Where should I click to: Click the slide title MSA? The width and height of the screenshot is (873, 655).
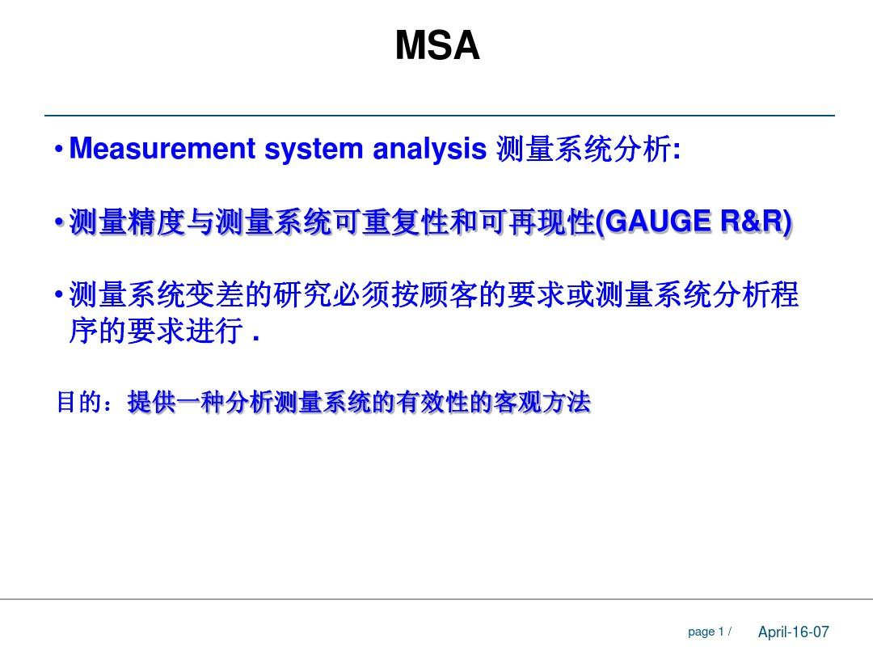437,45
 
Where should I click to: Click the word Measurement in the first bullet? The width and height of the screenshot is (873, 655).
162,149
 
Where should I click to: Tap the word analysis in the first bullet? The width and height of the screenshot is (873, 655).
429,150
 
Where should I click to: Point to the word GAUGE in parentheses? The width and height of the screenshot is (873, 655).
657,221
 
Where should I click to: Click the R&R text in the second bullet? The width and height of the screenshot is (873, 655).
752,221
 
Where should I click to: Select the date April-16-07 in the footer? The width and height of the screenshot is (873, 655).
794,632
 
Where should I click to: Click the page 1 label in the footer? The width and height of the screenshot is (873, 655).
706,632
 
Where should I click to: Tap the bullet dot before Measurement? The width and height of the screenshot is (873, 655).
58,150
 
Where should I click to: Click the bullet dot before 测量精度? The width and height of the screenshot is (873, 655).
58,222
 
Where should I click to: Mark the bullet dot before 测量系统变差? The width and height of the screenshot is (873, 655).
58,294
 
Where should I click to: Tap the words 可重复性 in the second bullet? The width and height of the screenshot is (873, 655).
392,222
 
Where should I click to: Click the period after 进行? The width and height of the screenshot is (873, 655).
256,338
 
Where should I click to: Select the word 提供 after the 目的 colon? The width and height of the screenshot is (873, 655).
152,402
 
